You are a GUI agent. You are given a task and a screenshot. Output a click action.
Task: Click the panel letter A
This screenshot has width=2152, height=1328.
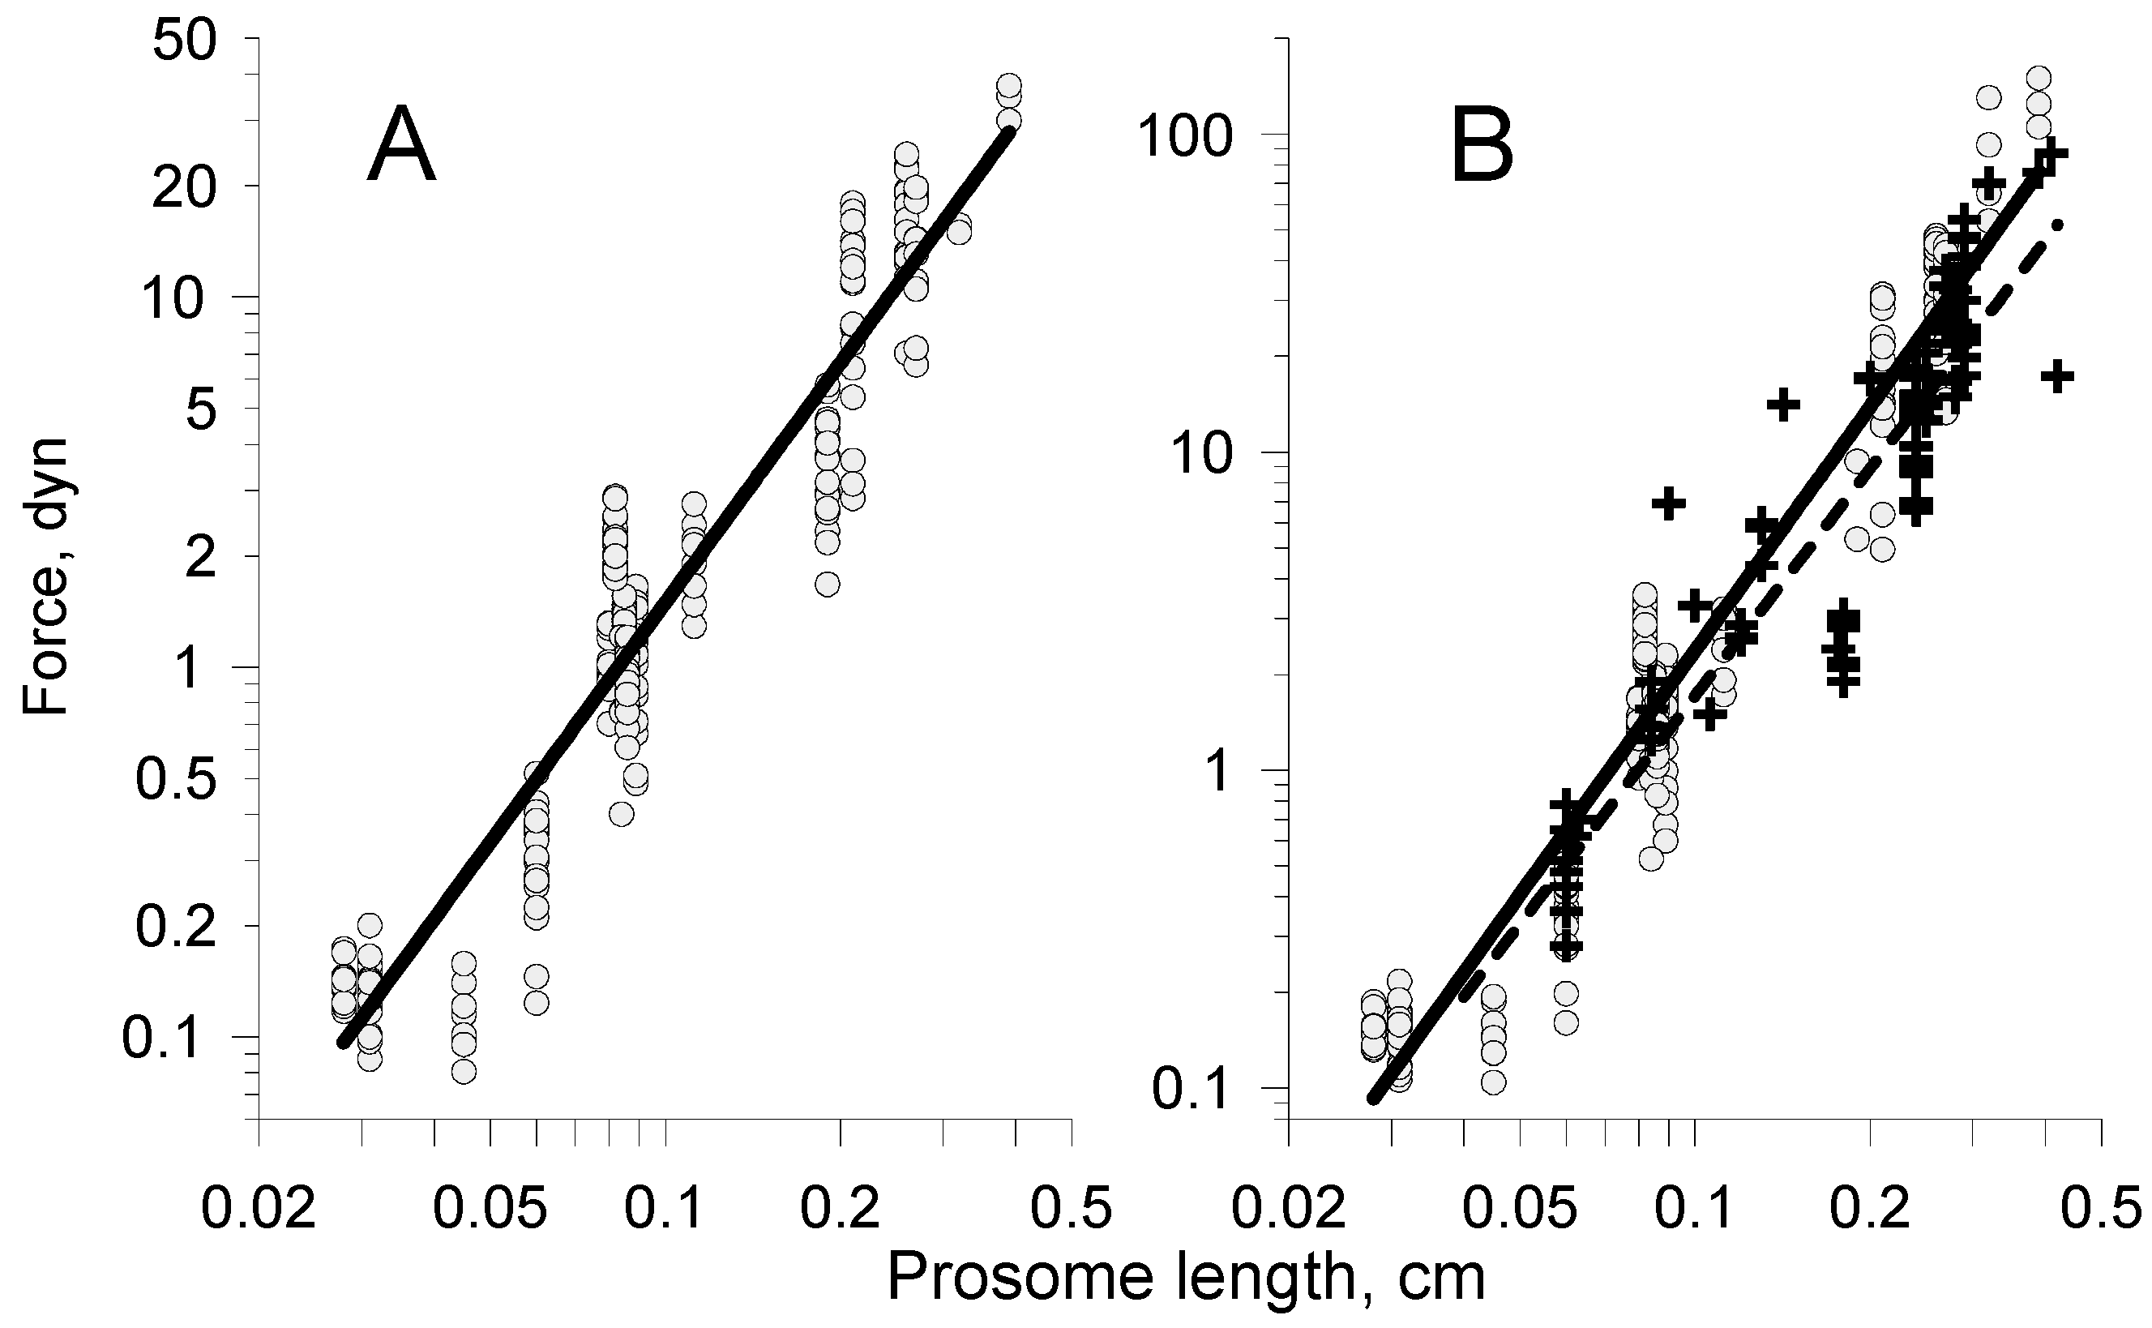point(401,146)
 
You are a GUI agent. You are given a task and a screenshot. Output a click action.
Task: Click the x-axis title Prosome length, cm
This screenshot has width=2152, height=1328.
point(1185,1278)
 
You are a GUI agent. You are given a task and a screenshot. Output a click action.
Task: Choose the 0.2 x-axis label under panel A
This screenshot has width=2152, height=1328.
point(841,1210)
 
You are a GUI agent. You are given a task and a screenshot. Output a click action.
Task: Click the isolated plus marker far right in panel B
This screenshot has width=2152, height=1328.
point(2057,376)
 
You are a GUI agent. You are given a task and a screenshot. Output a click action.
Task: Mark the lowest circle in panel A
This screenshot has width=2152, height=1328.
point(464,1071)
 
